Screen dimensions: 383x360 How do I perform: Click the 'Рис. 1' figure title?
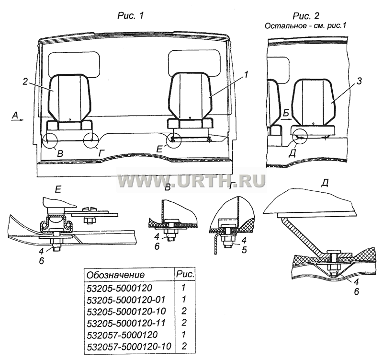(x=131, y=16)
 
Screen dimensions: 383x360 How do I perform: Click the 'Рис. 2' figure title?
(x=306, y=16)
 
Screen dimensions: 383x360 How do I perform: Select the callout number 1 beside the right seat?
(x=246, y=74)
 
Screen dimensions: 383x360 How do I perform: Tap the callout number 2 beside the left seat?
(x=25, y=82)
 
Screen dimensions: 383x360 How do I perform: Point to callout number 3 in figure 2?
(x=359, y=81)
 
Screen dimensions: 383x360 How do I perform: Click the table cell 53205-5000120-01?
(x=126, y=300)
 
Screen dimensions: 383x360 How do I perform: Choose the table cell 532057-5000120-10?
(x=129, y=346)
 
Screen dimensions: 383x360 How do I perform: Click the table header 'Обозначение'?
(x=116, y=275)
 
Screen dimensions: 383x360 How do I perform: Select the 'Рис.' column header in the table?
(x=185, y=274)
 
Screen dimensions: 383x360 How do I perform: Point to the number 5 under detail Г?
(x=244, y=250)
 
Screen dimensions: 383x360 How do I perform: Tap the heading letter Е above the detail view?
(x=58, y=189)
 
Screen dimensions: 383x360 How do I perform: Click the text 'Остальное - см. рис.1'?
(x=305, y=26)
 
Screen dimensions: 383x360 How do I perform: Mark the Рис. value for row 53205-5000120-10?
(x=184, y=311)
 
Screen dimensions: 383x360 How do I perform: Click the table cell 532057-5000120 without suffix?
(x=122, y=334)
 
